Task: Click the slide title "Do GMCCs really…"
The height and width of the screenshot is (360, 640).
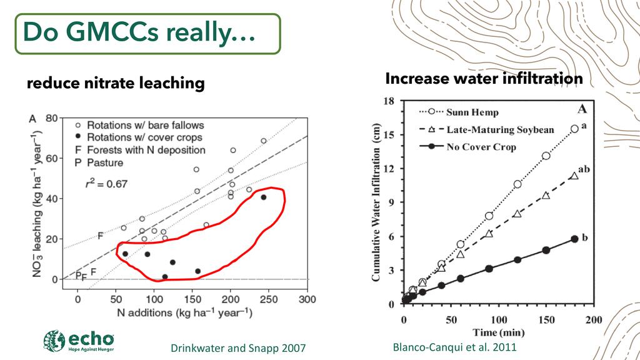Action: pyautogui.click(x=139, y=33)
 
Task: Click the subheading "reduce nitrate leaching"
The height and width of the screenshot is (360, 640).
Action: pyautogui.click(x=116, y=83)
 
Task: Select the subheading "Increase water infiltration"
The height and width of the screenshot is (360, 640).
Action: pyautogui.click(x=484, y=79)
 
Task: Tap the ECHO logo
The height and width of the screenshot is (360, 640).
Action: pyautogui.click(x=79, y=341)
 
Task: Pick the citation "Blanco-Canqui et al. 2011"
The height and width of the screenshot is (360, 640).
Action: pyautogui.click(x=454, y=347)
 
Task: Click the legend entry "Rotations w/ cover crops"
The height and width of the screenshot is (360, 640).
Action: pyautogui.click(x=144, y=137)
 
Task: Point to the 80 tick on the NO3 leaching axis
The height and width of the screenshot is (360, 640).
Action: pyautogui.click(x=52, y=117)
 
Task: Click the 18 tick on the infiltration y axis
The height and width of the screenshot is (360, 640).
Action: pyautogui.click(x=388, y=100)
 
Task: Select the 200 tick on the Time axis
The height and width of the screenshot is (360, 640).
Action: pyautogui.click(x=593, y=320)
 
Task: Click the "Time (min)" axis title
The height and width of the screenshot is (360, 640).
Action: pyautogui.click(x=497, y=332)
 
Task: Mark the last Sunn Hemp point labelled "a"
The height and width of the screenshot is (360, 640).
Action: pyautogui.click(x=574, y=129)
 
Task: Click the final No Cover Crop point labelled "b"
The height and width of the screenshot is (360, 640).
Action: pyautogui.click(x=574, y=239)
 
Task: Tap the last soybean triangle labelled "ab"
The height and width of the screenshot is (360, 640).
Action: pyautogui.click(x=574, y=176)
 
